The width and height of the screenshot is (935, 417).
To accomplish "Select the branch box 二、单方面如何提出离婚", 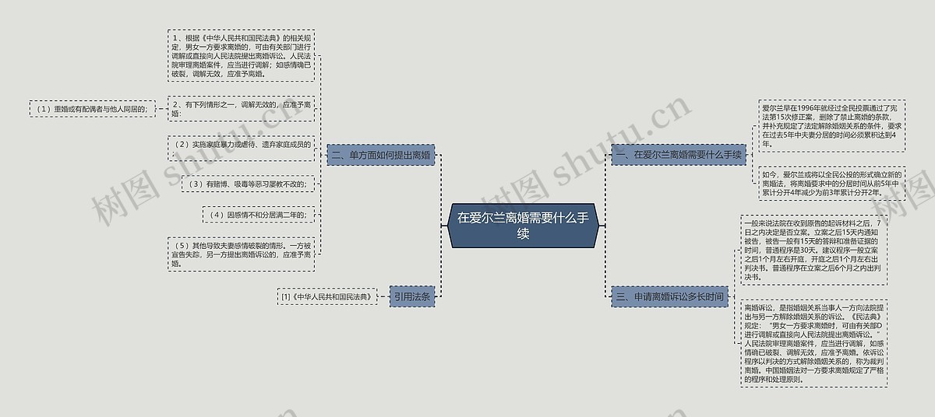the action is [x=380, y=155].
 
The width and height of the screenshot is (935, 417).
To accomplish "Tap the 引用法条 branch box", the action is [x=411, y=296].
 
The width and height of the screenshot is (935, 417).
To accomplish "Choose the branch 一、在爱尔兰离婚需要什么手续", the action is [x=679, y=155].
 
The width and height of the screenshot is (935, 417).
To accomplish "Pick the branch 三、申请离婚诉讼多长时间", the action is [x=670, y=296].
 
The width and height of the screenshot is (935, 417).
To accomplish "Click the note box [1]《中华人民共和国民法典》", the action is [x=326, y=296].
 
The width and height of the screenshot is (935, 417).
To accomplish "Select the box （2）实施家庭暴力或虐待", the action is [x=242, y=145].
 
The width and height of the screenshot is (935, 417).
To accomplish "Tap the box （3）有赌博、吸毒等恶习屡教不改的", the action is [x=248, y=184].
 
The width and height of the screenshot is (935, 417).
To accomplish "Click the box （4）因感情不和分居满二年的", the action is [x=259, y=214].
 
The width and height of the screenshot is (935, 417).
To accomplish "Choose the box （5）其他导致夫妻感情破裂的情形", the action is [x=242, y=254].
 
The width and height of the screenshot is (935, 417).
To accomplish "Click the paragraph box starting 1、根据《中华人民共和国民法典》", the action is [x=242, y=56].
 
